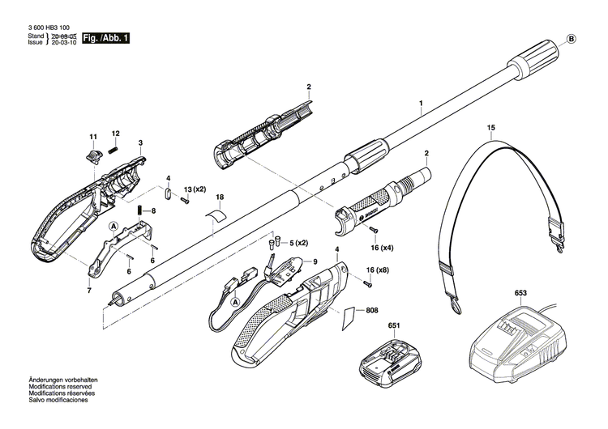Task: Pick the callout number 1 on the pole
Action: (421, 104)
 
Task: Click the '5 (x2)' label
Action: (299, 243)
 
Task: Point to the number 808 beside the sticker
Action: (372, 311)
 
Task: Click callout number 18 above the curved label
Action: (220, 198)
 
